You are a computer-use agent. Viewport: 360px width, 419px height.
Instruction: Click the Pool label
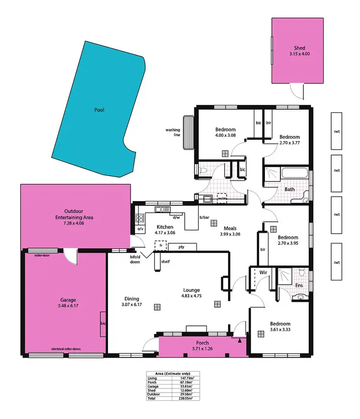(x=99, y=110)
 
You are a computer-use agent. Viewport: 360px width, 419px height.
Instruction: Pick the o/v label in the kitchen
(x=141, y=229)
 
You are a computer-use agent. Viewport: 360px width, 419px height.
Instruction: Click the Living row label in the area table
(x=153, y=379)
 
